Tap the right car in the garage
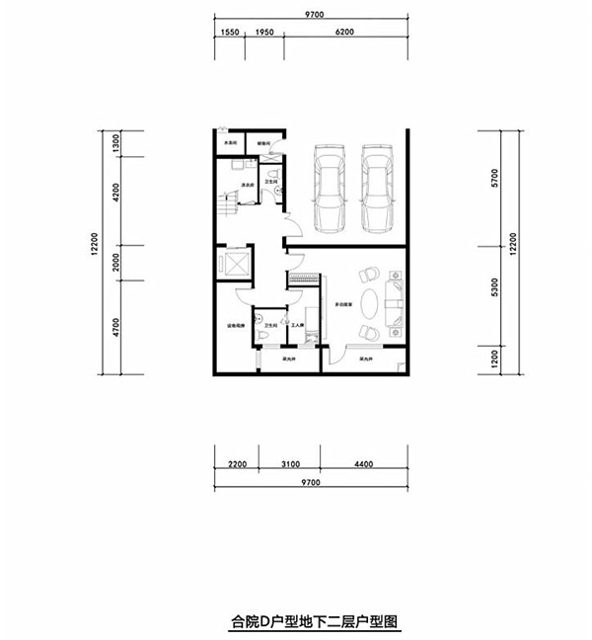click(x=377, y=188)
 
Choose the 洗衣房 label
click(x=250, y=184)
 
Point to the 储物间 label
click(x=263, y=143)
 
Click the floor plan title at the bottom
click(x=314, y=622)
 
